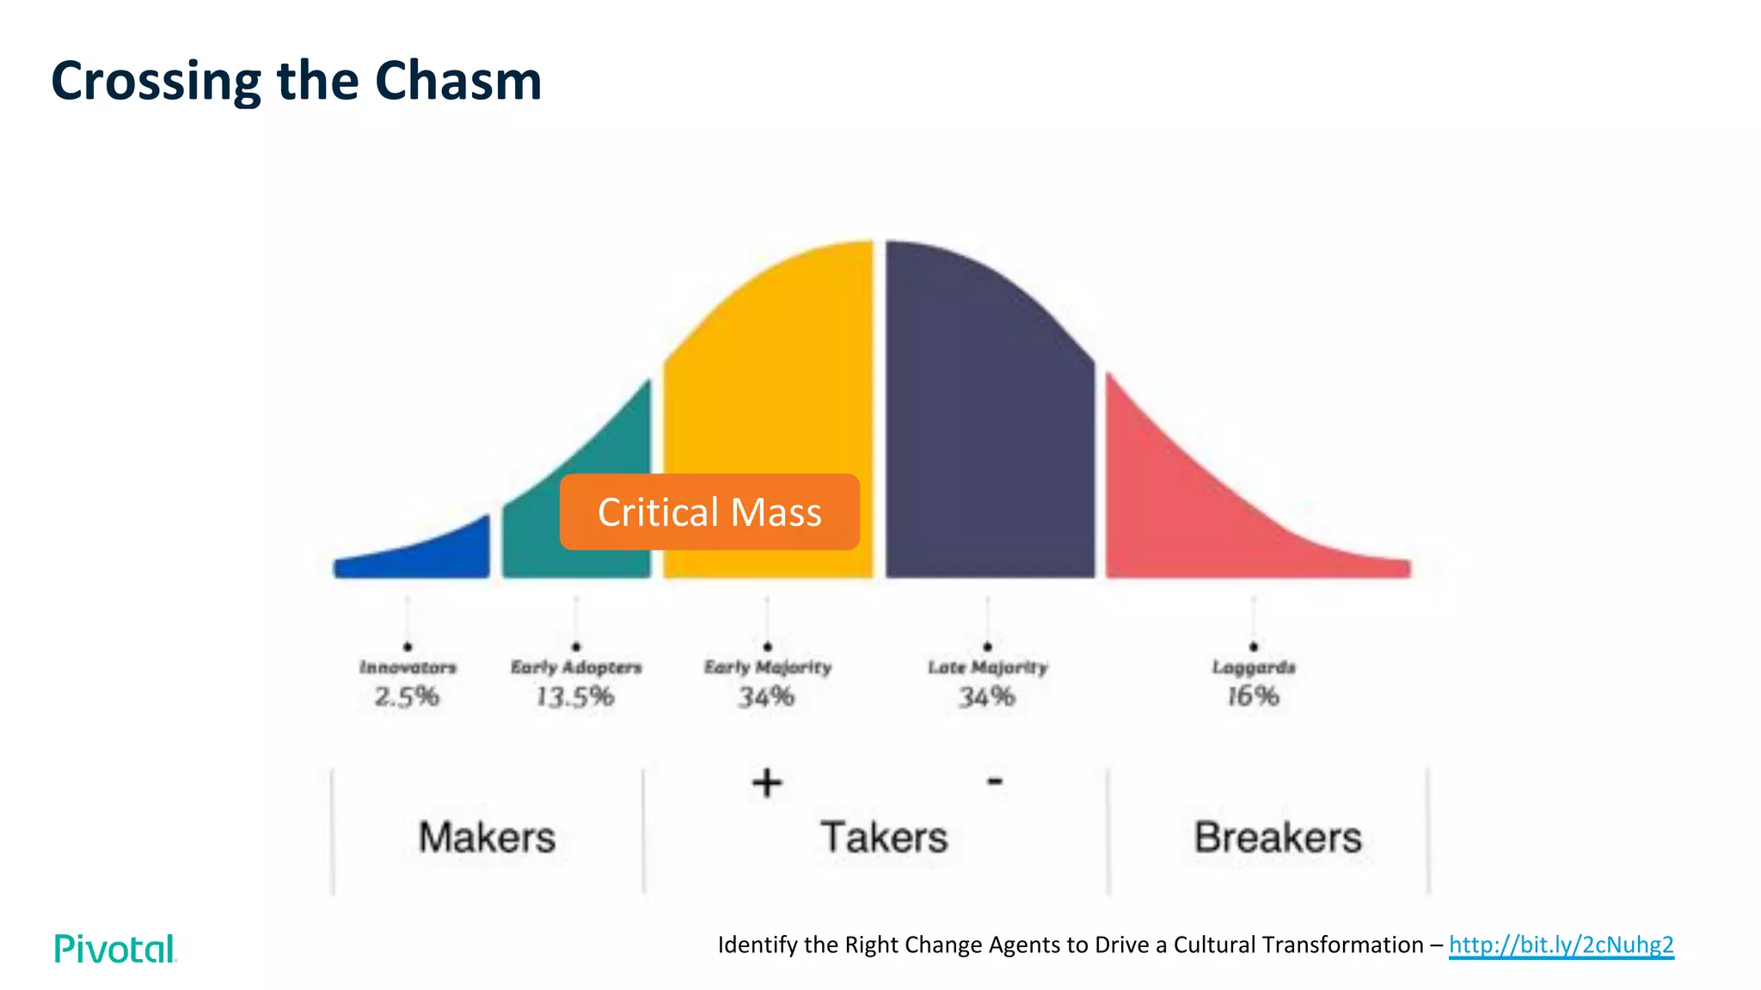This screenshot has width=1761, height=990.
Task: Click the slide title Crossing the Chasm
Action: (x=297, y=81)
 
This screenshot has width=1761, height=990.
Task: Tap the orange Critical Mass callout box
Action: (x=709, y=512)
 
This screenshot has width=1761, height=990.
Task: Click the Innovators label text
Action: (x=408, y=668)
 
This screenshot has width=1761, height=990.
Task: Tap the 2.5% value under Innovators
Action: (x=407, y=696)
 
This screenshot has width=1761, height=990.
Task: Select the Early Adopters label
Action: (x=576, y=668)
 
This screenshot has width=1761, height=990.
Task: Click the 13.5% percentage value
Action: (x=575, y=696)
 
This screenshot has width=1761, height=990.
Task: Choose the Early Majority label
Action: (x=768, y=668)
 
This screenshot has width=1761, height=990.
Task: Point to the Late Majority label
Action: (x=988, y=668)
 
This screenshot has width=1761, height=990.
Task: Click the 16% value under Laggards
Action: (x=1253, y=696)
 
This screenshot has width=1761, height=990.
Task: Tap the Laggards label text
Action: (x=1254, y=668)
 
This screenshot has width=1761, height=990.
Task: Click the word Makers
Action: (x=487, y=838)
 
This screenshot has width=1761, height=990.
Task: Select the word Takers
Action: (x=884, y=838)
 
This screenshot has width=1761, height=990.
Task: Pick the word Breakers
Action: (x=1278, y=838)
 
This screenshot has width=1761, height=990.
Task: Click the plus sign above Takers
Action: (x=767, y=783)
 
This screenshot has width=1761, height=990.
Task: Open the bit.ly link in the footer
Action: (x=1562, y=945)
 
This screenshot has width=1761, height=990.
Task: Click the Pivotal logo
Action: (x=115, y=949)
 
